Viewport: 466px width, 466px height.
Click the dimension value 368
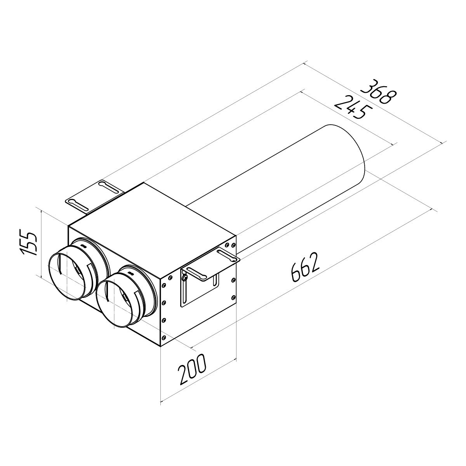pos(378,92)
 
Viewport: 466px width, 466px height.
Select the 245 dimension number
pos(352,108)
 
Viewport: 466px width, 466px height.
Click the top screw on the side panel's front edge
pos(170,277)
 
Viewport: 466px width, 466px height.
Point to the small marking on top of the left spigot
pos(83,245)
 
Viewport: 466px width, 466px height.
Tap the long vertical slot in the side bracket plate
pos(186,291)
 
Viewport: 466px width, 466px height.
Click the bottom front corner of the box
pos(161,346)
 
